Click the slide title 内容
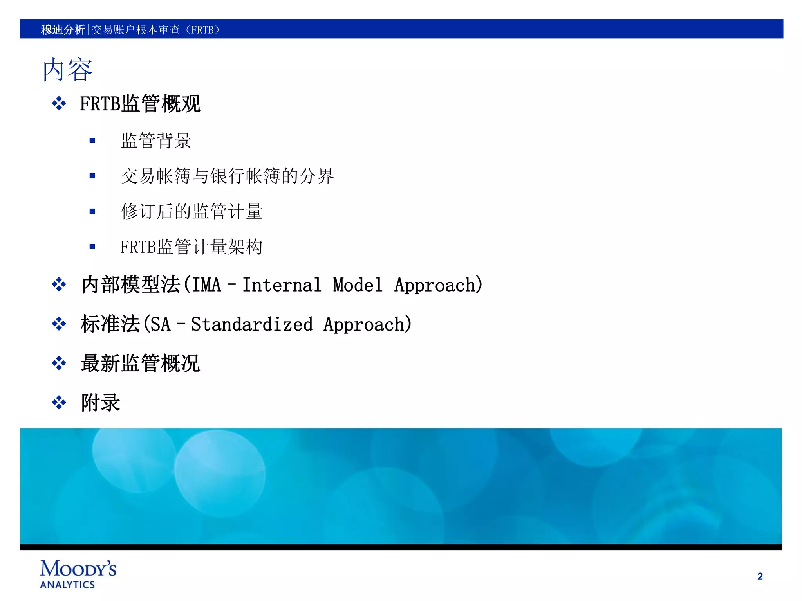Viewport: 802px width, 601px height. coord(67,70)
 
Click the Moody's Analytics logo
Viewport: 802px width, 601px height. coord(78,574)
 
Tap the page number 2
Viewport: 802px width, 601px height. coord(760,576)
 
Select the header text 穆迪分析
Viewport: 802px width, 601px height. coord(63,30)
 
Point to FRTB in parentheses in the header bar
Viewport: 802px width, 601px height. coord(202,30)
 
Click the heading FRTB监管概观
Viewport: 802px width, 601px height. coord(140,104)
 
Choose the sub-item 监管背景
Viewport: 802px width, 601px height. coord(156,140)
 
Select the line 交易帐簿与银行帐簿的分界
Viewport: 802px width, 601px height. coord(227,176)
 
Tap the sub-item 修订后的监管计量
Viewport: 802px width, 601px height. coord(191,211)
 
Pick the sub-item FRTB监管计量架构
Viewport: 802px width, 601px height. coord(191,247)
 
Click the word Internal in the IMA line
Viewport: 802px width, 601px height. coord(282,284)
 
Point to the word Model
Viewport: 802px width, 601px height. coord(358,284)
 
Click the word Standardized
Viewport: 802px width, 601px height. coord(252,324)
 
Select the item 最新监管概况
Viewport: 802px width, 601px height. coord(140,363)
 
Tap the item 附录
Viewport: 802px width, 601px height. coord(100,403)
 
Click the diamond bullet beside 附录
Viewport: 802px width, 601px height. coord(59,403)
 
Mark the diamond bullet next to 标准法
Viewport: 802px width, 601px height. coord(59,324)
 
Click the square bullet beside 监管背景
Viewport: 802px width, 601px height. coord(92,140)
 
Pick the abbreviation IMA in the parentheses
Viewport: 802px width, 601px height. coord(206,284)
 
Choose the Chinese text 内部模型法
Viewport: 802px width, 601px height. coord(131,284)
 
